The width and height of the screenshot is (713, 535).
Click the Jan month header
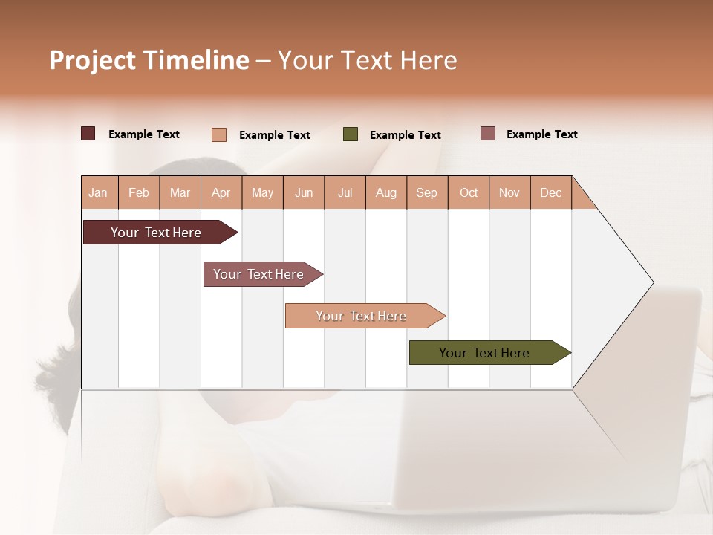pyautogui.click(x=99, y=192)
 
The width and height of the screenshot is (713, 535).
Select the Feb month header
pyautogui.click(x=139, y=192)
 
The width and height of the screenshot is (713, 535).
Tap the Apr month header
pyautogui.click(x=221, y=192)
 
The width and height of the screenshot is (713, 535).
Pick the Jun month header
pyautogui.click(x=304, y=192)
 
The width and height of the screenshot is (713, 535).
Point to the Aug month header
pyautogui.click(x=386, y=192)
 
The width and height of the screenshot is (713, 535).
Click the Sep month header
pyautogui.click(x=427, y=192)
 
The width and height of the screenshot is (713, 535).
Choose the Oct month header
pyautogui.click(x=469, y=192)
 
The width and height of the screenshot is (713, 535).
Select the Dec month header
pyautogui.click(x=551, y=192)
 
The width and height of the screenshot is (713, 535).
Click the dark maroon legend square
pyautogui.click(x=88, y=134)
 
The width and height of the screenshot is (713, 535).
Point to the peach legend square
pyautogui.click(x=219, y=134)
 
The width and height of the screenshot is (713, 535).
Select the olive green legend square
pyautogui.click(x=351, y=134)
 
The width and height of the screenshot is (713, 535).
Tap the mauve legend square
pyautogui.click(x=488, y=134)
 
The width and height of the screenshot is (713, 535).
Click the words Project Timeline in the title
pyautogui.click(x=149, y=60)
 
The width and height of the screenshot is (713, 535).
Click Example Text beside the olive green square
pyautogui.click(x=406, y=135)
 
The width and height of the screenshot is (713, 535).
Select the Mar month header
pyautogui.click(x=180, y=192)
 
